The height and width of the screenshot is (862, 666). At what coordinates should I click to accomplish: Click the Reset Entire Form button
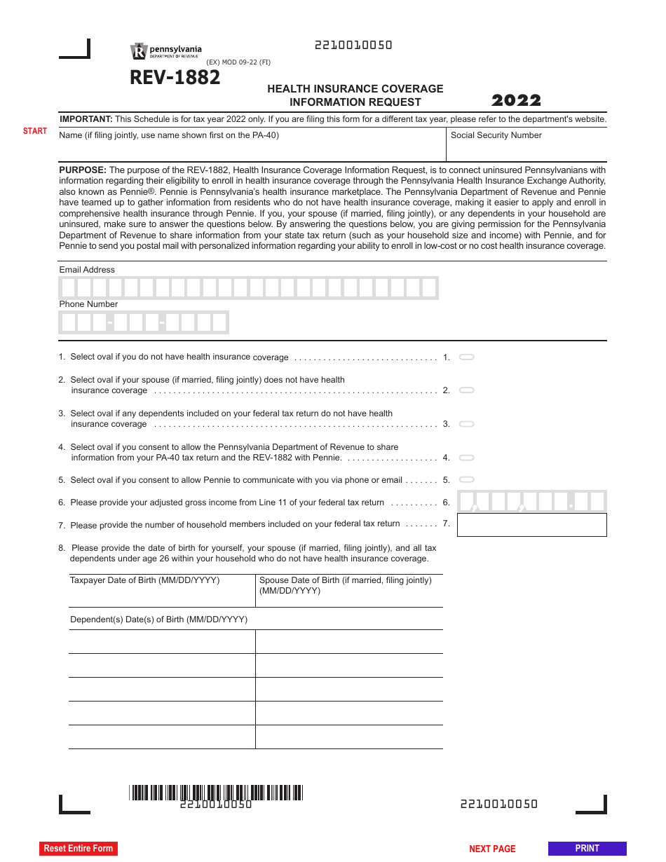click(78, 848)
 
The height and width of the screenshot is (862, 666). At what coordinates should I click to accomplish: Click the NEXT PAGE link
click(492, 849)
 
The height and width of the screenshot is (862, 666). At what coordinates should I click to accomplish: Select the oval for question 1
click(466, 357)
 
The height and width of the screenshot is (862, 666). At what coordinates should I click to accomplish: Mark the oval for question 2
click(466, 390)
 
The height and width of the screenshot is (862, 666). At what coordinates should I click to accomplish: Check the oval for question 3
click(466, 424)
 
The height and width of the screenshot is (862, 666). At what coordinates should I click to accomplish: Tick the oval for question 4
click(466, 458)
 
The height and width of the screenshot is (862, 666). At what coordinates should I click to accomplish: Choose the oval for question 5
click(466, 480)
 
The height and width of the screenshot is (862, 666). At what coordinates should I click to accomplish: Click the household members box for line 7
click(531, 525)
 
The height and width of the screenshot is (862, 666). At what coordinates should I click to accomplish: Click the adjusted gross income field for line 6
click(531, 502)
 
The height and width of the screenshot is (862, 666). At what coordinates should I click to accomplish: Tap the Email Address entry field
click(248, 288)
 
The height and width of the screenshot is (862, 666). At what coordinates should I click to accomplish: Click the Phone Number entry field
click(144, 322)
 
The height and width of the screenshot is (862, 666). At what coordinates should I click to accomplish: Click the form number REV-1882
click(175, 78)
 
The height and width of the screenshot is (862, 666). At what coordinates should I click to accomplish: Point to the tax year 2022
click(516, 100)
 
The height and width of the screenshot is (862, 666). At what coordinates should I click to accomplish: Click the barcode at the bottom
click(216, 793)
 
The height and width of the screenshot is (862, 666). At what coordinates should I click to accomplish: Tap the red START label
click(35, 131)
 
